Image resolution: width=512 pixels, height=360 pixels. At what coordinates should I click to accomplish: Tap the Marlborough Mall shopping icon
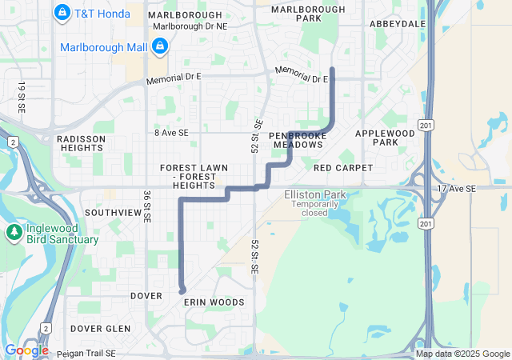(x=161, y=47)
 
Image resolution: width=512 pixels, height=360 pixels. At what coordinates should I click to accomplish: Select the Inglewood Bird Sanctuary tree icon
(x=14, y=233)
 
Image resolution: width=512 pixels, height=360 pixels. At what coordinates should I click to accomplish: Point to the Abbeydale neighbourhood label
(x=397, y=24)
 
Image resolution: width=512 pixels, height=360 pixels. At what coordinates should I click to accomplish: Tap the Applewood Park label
(x=385, y=137)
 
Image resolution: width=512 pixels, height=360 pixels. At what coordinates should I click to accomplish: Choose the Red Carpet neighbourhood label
(x=343, y=168)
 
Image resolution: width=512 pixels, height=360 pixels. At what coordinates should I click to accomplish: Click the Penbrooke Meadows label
(x=298, y=141)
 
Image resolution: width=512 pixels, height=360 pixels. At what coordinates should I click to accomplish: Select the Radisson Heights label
(x=81, y=143)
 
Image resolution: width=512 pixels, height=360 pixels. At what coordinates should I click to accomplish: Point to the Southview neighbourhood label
(x=113, y=213)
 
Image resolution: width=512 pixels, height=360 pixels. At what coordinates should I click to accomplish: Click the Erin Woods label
(x=214, y=302)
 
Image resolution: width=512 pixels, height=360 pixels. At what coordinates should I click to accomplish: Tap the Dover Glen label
(x=100, y=329)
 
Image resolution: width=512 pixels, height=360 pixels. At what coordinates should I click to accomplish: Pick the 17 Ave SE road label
(x=456, y=188)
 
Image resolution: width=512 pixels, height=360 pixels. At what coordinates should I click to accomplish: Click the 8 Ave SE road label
(x=171, y=132)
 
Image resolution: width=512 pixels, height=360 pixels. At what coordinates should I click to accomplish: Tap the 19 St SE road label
(x=21, y=96)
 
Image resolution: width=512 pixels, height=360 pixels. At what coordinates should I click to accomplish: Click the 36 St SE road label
(x=147, y=205)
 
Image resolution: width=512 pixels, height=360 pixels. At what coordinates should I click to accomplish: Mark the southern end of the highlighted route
(x=182, y=290)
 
